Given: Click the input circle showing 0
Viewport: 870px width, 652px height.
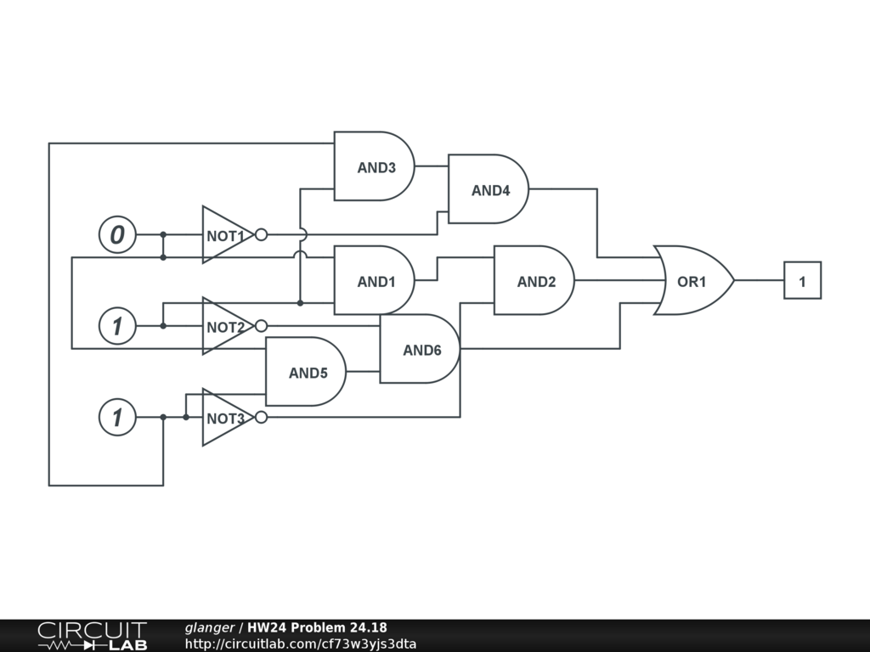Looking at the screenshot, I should tap(117, 235).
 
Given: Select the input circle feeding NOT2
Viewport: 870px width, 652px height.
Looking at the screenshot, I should tap(117, 326).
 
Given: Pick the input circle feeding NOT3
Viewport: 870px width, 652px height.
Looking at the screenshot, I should tap(117, 418).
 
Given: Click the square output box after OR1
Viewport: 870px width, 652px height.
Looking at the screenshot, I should tap(802, 280).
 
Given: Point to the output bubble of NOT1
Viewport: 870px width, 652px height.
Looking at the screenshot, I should tap(261, 235).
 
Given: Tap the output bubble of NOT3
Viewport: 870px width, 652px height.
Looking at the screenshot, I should tap(261, 418).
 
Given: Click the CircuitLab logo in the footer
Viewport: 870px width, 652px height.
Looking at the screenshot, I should tap(92, 636).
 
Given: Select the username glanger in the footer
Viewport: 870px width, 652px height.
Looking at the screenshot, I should tap(209, 628).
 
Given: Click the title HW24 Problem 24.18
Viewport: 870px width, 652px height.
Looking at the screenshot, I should tap(317, 628).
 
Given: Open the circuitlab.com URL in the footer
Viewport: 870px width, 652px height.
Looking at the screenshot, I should tap(300, 644).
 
